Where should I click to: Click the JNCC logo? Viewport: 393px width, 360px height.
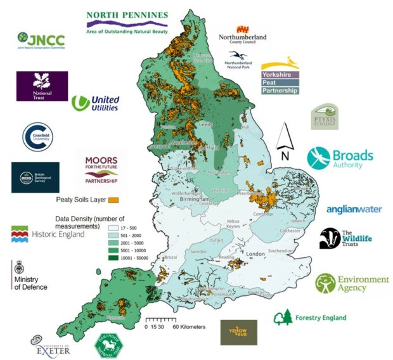pyautogui.click(x=41, y=41)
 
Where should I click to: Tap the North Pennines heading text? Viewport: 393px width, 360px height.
pyautogui.click(x=127, y=15)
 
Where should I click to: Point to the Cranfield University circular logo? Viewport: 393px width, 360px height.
pyautogui.click(x=36, y=136)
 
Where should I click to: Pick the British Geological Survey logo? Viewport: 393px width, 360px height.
pyautogui.click(x=35, y=177)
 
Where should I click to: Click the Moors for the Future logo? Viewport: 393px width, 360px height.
pyautogui.click(x=101, y=171)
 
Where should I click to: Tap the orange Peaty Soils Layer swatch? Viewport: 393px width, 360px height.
pyautogui.click(x=114, y=200)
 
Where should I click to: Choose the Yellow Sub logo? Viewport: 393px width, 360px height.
pyautogui.click(x=238, y=332)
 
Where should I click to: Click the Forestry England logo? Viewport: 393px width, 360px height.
pyautogui.click(x=310, y=316)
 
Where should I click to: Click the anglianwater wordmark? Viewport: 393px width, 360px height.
pyautogui.click(x=354, y=209)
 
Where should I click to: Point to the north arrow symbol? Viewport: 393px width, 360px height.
pyautogui.click(x=285, y=142)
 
